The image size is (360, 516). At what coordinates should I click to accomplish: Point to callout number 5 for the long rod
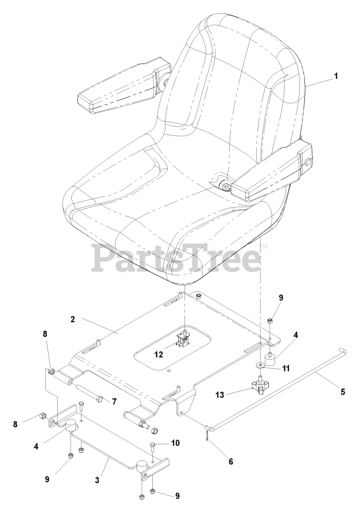[x=343, y=391]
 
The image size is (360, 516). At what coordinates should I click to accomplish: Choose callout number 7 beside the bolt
[x=114, y=402]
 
